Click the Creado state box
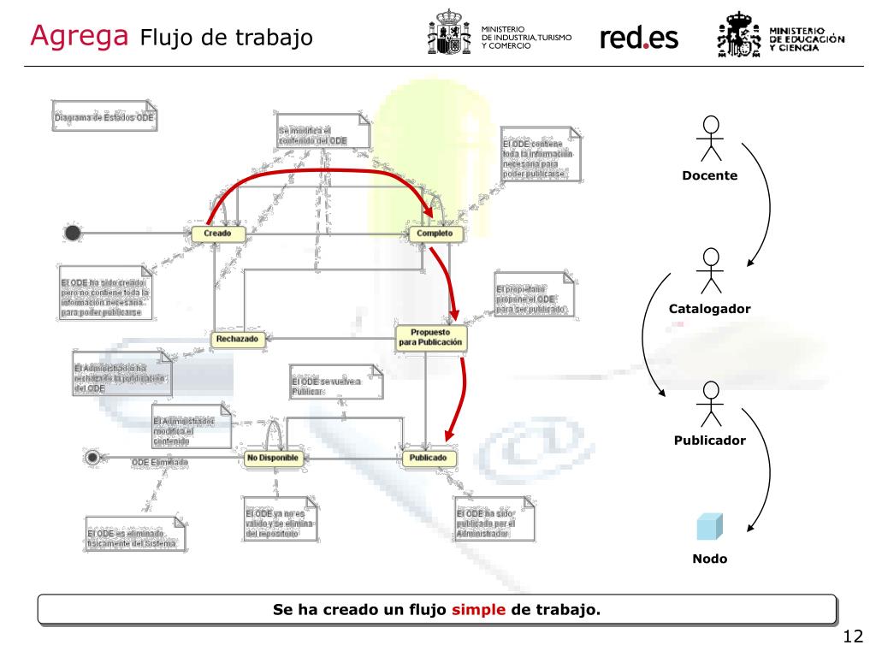click(x=218, y=234)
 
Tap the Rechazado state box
click(x=238, y=339)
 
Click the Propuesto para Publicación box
click(x=430, y=336)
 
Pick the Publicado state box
click(x=428, y=459)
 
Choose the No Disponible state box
click(x=273, y=459)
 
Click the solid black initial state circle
click(x=73, y=233)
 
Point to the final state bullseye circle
click(x=92, y=458)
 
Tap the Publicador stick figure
click(x=710, y=403)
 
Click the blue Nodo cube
click(x=709, y=526)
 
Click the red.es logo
click(x=639, y=38)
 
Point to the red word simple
click(x=479, y=610)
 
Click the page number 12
click(x=852, y=636)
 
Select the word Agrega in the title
click(x=79, y=36)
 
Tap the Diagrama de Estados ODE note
click(x=106, y=118)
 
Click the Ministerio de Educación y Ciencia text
click(x=808, y=38)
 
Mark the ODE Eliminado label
click(x=160, y=462)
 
